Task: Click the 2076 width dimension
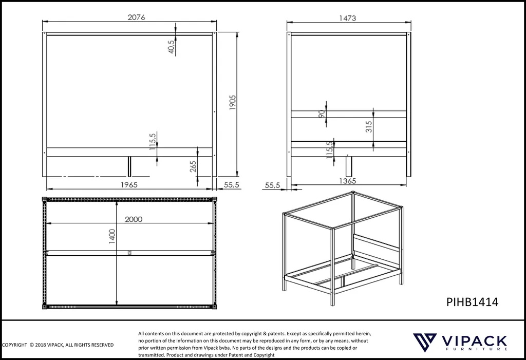click(136, 17)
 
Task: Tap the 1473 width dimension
click(347, 18)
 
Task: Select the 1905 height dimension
click(233, 102)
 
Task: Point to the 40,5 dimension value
click(171, 47)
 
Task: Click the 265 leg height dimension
click(193, 167)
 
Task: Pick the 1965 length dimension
click(129, 184)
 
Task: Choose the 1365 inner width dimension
click(347, 181)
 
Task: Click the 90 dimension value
click(322, 114)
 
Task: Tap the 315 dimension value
click(369, 126)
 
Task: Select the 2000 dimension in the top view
click(134, 219)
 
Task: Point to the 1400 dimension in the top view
click(112, 236)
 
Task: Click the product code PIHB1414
click(473, 302)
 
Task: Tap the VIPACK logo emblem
click(425, 342)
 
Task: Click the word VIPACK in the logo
click(474, 341)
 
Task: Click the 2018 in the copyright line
click(41, 345)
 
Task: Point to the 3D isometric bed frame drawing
click(343, 248)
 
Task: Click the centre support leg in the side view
click(129, 166)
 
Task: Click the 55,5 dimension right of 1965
click(232, 184)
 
